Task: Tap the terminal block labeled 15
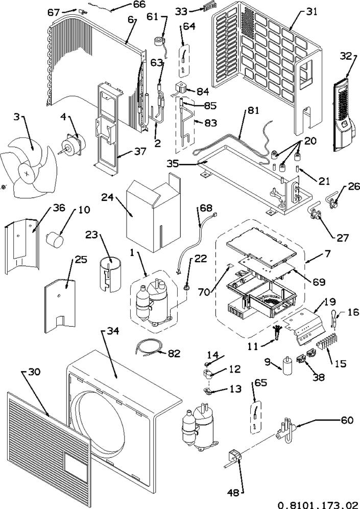pyautogui.click(x=326, y=349)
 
